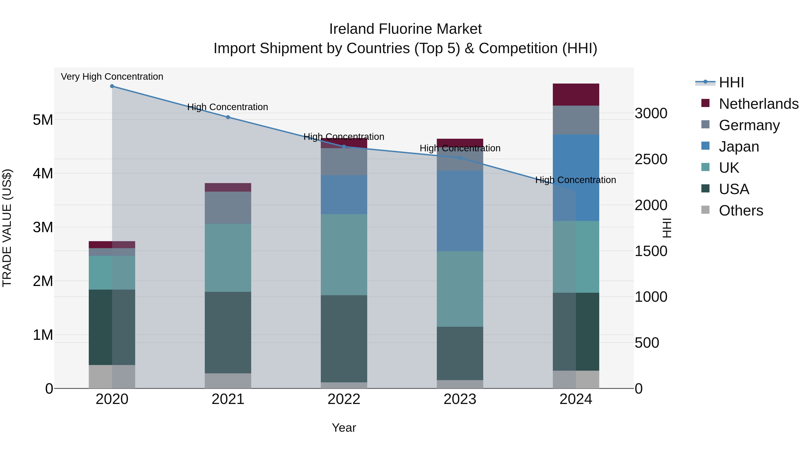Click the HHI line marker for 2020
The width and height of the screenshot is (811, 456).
[112, 86]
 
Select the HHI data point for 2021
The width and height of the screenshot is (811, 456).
[228, 117]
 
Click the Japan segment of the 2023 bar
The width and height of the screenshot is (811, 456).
[460, 211]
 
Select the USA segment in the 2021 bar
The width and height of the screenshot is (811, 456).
[228, 333]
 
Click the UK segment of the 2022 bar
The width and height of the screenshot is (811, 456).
[344, 255]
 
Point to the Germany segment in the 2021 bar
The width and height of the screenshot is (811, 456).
[228, 208]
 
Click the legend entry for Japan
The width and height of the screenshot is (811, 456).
[739, 147]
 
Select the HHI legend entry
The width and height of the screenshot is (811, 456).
[731, 82]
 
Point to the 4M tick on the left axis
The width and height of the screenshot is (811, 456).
[43, 174]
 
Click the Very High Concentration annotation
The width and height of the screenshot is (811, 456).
[112, 77]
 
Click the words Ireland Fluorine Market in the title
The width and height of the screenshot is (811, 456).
[405, 29]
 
